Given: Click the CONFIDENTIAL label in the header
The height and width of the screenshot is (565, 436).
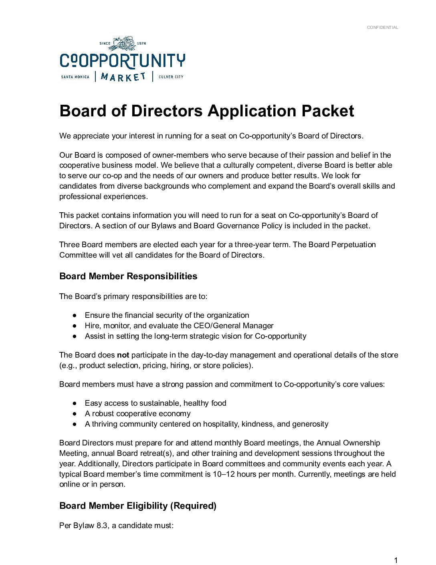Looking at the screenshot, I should (382, 27).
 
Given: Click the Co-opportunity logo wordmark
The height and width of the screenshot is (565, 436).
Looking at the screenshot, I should (122, 61).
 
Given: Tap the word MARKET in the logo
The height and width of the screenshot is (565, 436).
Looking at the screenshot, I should (123, 77).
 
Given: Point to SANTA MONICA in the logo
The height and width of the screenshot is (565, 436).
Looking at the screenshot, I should (75, 77).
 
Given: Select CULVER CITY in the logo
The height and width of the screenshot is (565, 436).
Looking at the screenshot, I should (171, 77).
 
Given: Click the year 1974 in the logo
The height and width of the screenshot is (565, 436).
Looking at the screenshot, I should (141, 43).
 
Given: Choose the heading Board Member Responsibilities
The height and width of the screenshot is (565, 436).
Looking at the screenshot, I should (128, 276).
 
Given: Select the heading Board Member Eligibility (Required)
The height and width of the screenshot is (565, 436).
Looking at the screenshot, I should (138, 506).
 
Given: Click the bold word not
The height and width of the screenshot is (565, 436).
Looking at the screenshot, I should (123, 355).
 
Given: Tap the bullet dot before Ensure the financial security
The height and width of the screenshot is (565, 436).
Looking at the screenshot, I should (75, 315).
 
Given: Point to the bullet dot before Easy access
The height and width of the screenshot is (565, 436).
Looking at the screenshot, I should (75, 403).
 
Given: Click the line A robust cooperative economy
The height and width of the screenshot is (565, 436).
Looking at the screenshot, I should (137, 413).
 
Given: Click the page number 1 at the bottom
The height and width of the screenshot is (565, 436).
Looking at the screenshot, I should (396, 560).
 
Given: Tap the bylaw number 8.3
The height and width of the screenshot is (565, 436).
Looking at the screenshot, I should (102, 525).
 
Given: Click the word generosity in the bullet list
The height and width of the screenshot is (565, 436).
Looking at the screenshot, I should (310, 424).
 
